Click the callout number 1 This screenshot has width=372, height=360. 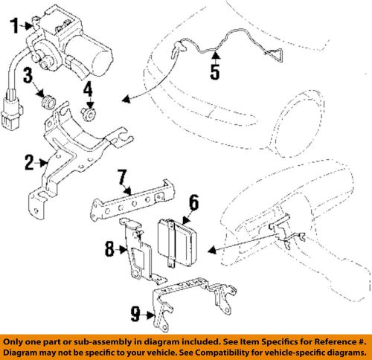tap(13, 28)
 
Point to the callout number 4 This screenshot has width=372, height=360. tap(88, 91)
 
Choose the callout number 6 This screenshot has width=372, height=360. tap(193, 201)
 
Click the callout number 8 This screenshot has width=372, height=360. tap(110, 250)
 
